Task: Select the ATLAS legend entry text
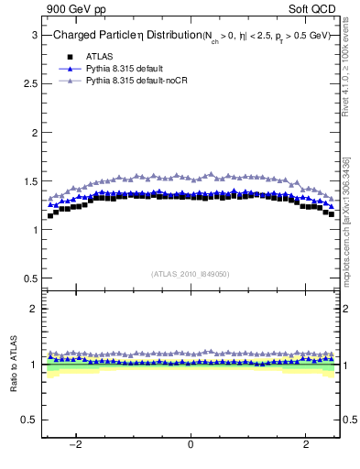tap(100, 57)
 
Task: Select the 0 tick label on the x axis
tap(191, 445)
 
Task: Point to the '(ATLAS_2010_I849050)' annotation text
tap(191, 274)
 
